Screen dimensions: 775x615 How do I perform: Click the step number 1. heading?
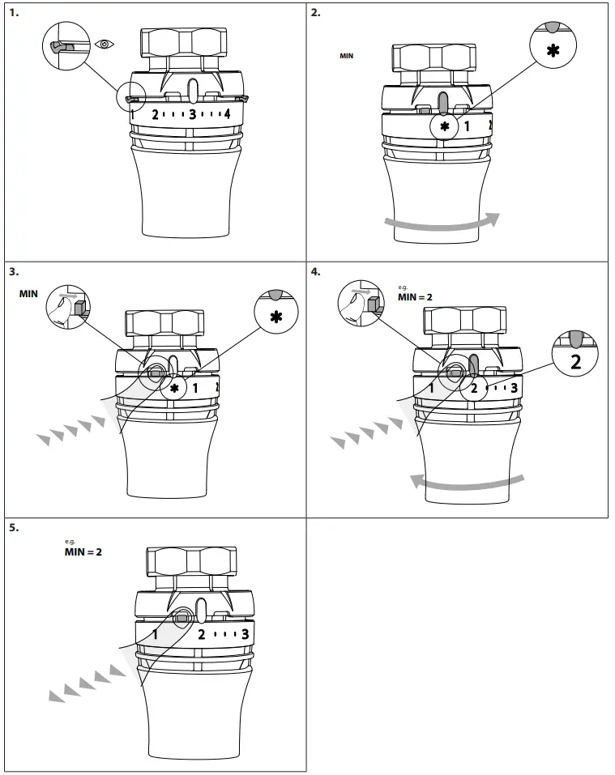pyautogui.click(x=14, y=13)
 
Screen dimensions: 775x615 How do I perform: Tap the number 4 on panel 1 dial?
pyautogui.click(x=227, y=113)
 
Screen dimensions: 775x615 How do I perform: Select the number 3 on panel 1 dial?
pyautogui.click(x=193, y=113)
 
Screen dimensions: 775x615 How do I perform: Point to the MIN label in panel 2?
pyautogui.click(x=346, y=57)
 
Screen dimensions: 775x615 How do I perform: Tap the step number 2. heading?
pyautogui.click(x=316, y=13)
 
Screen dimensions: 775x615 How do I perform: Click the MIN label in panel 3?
pyautogui.click(x=28, y=294)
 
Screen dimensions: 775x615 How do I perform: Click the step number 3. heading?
pyautogui.click(x=14, y=271)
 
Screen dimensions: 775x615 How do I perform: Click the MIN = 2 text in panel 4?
pyautogui.click(x=415, y=297)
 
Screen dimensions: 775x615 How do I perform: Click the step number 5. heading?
pyautogui.click(x=14, y=527)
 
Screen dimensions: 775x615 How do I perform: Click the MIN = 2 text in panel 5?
pyautogui.click(x=83, y=552)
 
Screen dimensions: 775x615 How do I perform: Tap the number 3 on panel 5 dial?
pyautogui.click(x=246, y=633)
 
